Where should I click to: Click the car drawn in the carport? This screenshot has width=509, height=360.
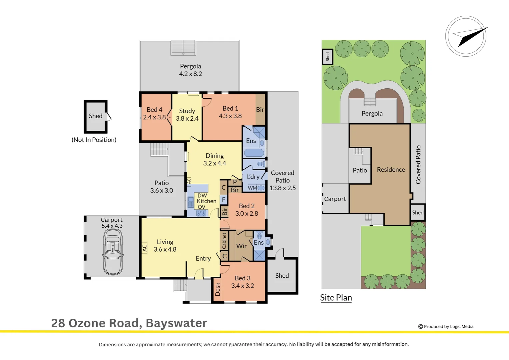pyautogui.click(x=113, y=252)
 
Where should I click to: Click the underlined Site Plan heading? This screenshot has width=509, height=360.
pyautogui.click(x=336, y=298)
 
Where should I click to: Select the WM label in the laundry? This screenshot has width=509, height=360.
pyautogui.click(x=252, y=188)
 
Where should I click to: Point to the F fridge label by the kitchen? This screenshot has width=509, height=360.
pyautogui.click(x=224, y=200)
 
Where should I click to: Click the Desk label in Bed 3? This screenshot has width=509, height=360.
pyautogui.click(x=218, y=289)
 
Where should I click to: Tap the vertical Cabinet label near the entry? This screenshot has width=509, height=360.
pyautogui.click(x=224, y=241)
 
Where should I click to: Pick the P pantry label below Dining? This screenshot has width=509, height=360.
pyautogui.click(x=235, y=182)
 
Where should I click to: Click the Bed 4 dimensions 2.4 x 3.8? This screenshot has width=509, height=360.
pyautogui.click(x=154, y=117)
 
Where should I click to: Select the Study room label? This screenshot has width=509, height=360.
pyautogui.click(x=187, y=111)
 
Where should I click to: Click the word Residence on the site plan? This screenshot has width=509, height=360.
pyautogui.click(x=391, y=170)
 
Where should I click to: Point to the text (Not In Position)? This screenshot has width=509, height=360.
pyautogui.click(x=94, y=140)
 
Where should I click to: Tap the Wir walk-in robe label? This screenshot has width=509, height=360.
pyautogui.click(x=241, y=246)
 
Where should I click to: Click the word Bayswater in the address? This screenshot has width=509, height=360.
pyautogui.click(x=176, y=323)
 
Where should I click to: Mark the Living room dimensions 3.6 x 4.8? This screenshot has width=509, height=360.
pyautogui.click(x=165, y=249)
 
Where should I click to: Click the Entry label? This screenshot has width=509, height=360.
pyautogui.click(x=203, y=258)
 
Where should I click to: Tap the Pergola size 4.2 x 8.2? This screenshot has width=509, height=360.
pyautogui.click(x=191, y=74)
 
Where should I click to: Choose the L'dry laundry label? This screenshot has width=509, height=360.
pyautogui.click(x=253, y=177)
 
